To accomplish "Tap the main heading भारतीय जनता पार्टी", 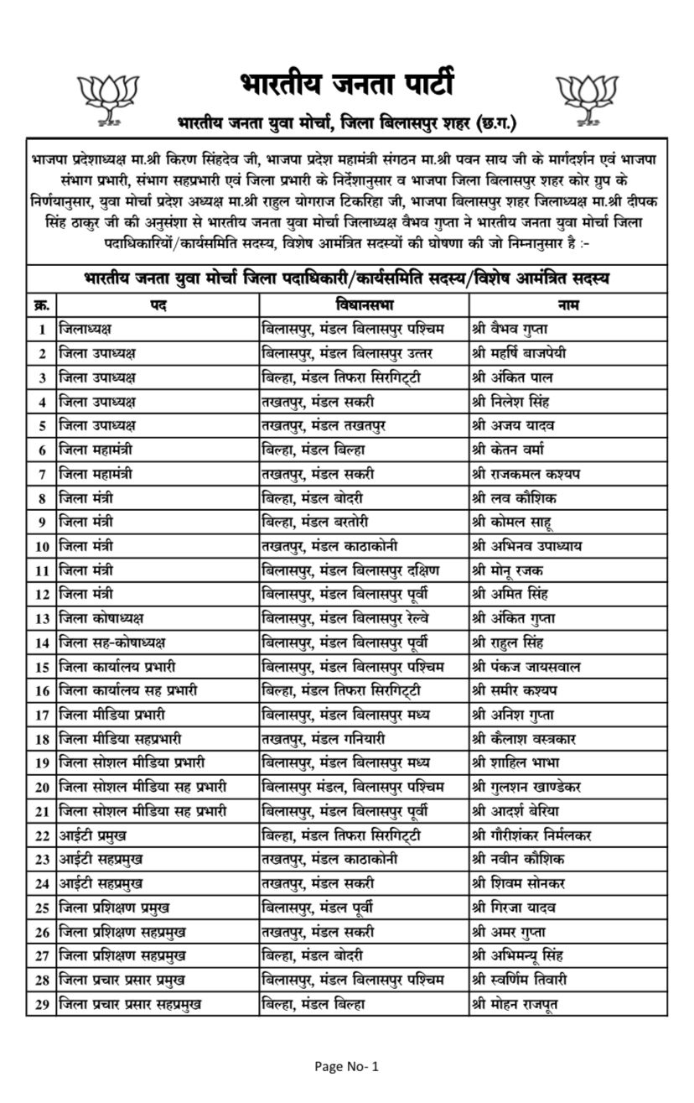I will click(346, 87).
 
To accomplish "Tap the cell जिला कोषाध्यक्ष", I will click(101, 618).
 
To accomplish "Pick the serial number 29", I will click(40, 1004).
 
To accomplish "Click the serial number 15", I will click(40, 667).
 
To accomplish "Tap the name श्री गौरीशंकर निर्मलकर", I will click(543, 835).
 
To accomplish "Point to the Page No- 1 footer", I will click(347, 1067).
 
